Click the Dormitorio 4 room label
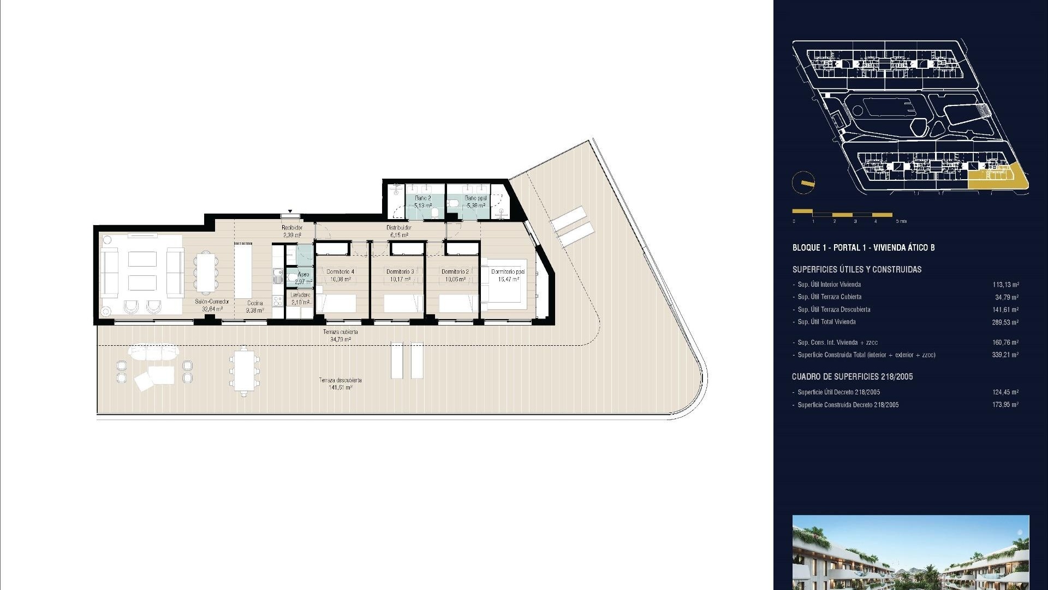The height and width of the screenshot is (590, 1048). (340, 272)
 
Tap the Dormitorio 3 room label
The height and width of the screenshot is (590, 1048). (400, 272)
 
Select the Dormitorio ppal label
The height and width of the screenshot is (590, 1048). (508, 272)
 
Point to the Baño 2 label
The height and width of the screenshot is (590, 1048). (422, 198)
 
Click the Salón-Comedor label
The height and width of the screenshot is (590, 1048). (212, 302)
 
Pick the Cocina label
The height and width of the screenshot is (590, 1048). (255, 303)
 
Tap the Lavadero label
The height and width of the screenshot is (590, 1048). (300, 295)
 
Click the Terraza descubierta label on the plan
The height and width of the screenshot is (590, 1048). (340, 380)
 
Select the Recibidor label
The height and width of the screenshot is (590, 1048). (292, 228)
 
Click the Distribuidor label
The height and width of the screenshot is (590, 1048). (398, 228)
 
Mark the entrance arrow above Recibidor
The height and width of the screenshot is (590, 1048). (290, 211)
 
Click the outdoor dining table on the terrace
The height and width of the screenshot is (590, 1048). (244, 370)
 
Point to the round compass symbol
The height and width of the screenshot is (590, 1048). (803, 182)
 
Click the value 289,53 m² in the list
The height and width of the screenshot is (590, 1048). (1005, 322)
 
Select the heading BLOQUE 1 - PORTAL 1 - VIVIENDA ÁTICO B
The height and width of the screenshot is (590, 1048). (863, 247)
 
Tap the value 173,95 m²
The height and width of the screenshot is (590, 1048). (1005, 405)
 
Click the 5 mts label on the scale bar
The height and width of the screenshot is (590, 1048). (901, 221)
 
